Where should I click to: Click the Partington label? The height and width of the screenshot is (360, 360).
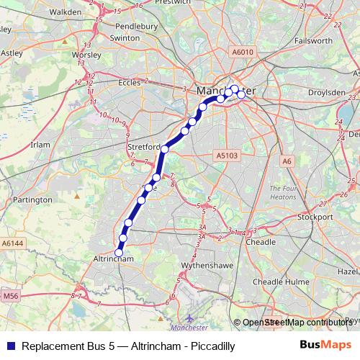pos(32,199)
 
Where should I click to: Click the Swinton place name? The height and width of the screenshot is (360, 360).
pos(125,37)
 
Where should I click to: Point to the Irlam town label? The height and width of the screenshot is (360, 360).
pos(40,144)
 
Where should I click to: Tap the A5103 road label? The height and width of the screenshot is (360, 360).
pos(225,154)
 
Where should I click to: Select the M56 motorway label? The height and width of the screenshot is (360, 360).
pos(9,296)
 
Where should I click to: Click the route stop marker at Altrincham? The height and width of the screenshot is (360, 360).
pos(119,253)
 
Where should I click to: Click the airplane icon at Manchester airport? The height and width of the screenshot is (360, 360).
pos(189,317)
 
